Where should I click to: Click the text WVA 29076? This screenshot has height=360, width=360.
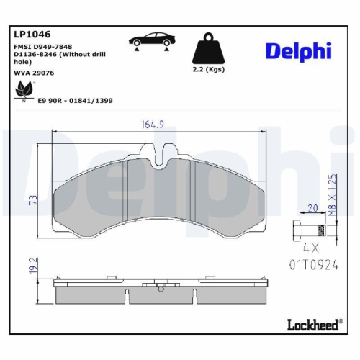tap(34, 72)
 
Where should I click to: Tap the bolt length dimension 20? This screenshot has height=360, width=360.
tap(312, 207)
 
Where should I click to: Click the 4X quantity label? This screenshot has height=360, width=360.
tap(311, 246)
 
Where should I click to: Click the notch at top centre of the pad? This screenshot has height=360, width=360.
tap(163, 153)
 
